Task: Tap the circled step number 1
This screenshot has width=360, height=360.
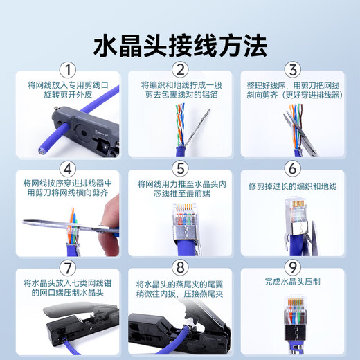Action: (x=66, y=70)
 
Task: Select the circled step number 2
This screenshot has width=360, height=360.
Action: (x=179, y=70)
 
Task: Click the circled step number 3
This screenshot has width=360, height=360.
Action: (x=293, y=70)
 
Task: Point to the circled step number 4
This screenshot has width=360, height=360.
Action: (x=66, y=168)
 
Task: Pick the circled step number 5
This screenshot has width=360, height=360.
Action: (x=179, y=168)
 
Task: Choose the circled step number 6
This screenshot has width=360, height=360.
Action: (x=293, y=168)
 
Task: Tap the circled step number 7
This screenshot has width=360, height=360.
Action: (x=66, y=267)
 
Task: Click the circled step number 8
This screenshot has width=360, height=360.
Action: (x=179, y=267)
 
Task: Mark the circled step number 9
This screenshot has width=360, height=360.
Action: (x=293, y=267)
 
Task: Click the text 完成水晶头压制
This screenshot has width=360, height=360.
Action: (x=293, y=282)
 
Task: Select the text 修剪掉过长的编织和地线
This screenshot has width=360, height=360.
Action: (x=293, y=186)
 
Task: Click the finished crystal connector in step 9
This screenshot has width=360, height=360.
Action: (x=292, y=321)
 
